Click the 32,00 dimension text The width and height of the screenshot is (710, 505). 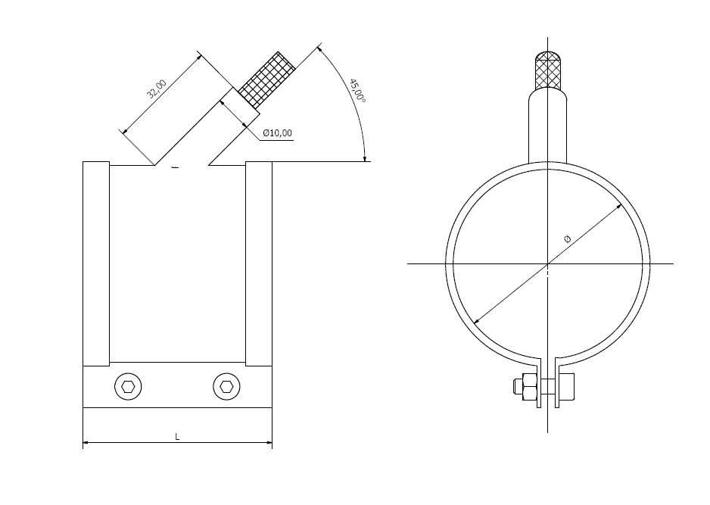pyautogui.click(x=157, y=89)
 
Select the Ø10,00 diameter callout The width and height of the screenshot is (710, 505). pyautogui.click(x=277, y=133)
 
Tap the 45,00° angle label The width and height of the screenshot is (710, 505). pyautogui.click(x=357, y=91)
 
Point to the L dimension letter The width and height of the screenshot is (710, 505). pyautogui.click(x=177, y=437)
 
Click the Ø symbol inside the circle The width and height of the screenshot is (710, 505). pyautogui.click(x=568, y=238)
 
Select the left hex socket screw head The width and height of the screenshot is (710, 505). pyautogui.click(x=128, y=387)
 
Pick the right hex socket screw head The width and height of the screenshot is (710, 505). pyautogui.click(x=226, y=387)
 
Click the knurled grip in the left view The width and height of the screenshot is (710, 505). pyautogui.click(x=266, y=80)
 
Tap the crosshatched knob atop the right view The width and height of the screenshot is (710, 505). pyautogui.click(x=547, y=70)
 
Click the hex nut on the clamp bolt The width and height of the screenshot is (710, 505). pyautogui.click(x=529, y=386)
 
